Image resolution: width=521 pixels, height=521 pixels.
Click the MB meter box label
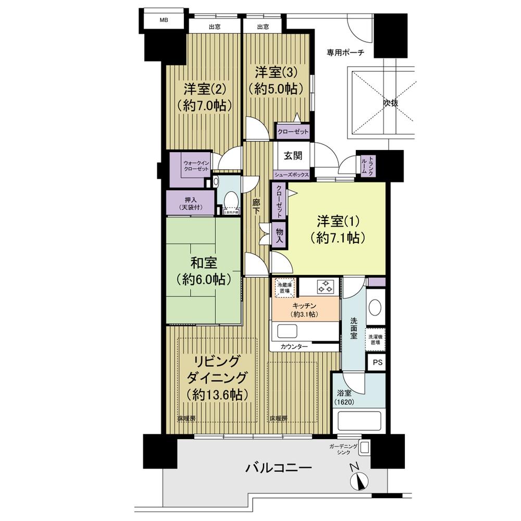point(164,20)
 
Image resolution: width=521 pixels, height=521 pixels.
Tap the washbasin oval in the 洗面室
point(375,307)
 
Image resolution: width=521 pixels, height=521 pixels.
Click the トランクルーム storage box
point(364,165)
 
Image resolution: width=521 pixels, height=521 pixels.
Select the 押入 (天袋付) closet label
point(191,203)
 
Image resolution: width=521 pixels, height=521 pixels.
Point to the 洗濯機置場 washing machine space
point(376,339)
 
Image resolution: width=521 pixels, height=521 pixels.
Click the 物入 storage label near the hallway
point(280,235)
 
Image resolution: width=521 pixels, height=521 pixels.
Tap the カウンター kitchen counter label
point(293,346)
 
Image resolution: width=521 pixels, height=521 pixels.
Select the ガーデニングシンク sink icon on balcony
point(364,446)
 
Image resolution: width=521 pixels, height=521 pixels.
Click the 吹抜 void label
point(391,103)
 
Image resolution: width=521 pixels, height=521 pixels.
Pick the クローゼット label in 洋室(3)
point(292,131)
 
